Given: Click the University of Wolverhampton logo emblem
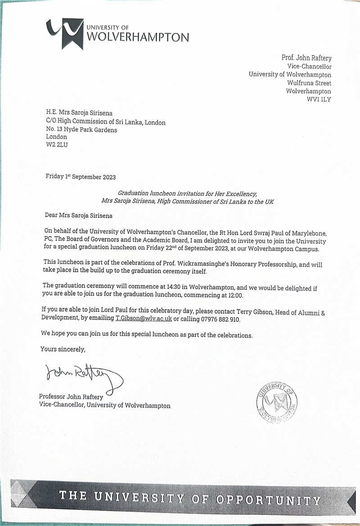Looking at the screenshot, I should [x=65, y=33].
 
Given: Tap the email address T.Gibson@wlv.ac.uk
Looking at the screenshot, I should [x=144, y=319].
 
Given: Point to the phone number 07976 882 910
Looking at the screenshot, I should [x=218, y=319].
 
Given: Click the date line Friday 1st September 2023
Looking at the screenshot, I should [x=81, y=177].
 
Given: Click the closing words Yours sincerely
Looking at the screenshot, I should [x=63, y=349].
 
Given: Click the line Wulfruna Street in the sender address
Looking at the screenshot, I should [x=309, y=83].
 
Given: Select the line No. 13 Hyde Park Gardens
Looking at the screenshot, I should [x=81, y=130].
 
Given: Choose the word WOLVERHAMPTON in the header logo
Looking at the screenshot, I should [x=137, y=38].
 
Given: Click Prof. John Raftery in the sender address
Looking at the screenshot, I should [x=306, y=58].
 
